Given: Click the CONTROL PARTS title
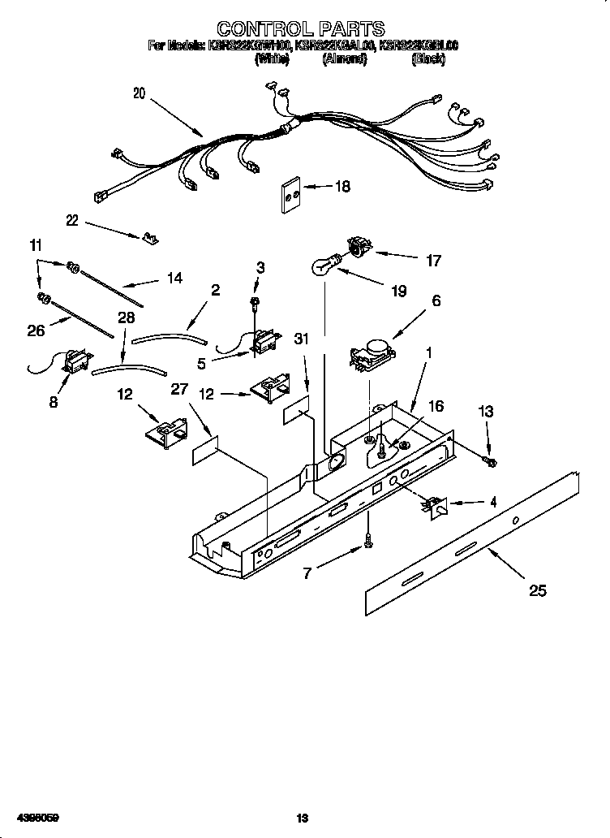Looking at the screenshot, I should click(303, 30).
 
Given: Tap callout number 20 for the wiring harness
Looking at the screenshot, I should click(140, 93).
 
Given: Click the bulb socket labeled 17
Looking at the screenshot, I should click(357, 246).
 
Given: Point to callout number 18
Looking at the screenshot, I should click(342, 187).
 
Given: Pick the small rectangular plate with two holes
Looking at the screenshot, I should click(290, 196).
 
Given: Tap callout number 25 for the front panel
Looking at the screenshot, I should click(537, 590).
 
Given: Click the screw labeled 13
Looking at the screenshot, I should click(491, 462).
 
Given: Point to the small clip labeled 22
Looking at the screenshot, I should click(149, 238).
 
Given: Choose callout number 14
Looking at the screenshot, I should click(174, 278).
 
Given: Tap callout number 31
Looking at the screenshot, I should click(301, 340).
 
